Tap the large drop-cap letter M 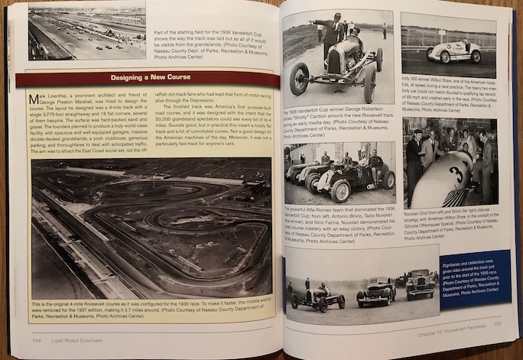point(34,99)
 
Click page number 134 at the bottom point(36,340)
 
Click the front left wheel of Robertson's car point(299,79)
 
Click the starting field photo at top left point(86,31)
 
